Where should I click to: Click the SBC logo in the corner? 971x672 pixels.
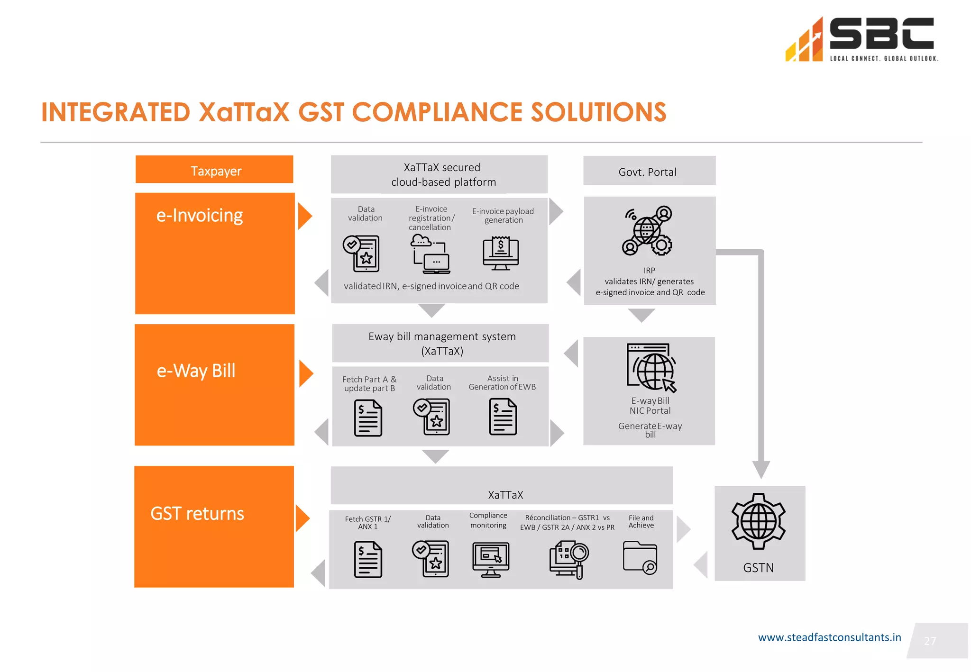click(x=861, y=39)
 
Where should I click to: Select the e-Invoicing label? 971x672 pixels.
click(x=200, y=216)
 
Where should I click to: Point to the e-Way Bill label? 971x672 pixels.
click(x=196, y=371)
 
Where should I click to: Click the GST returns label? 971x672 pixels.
click(x=197, y=514)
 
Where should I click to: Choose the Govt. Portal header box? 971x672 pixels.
click(x=649, y=171)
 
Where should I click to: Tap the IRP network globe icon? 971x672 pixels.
click(x=647, y=231)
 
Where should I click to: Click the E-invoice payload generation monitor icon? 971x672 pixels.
click(x=501, y=254)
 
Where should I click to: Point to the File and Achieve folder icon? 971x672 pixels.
click(x=640, y=558)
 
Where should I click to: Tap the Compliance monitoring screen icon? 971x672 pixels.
click(x=491, y=559)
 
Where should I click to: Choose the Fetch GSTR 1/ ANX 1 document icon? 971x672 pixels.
click(x=368, y=560)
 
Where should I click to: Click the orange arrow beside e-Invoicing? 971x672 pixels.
click(x=304, y=217)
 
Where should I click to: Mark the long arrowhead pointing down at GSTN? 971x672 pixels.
click(x=760, y=469)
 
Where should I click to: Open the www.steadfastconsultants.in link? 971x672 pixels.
click(x=829, y=637)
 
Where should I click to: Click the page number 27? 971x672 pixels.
click(x=930, y=641)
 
